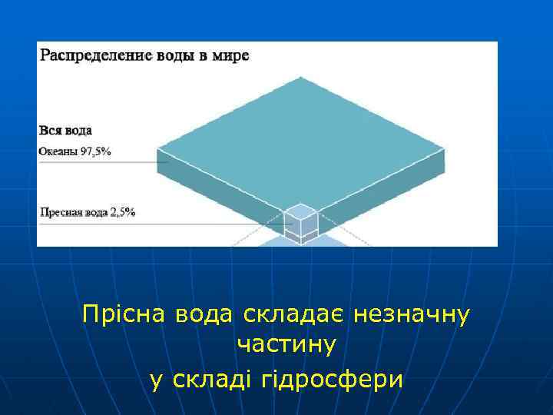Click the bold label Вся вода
pyautogui.click(x=65, y=131)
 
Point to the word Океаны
pyautogui.click(x=58, y=152)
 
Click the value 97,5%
pyautogui.click(x=96, y=152)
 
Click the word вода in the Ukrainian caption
pyautogui.click(x=199, y=314)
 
